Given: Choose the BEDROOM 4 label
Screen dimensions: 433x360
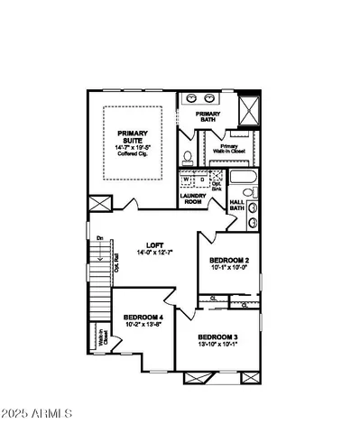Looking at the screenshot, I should click(x=143, y=318).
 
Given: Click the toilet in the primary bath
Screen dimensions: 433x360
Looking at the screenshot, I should click(x=187, y=156).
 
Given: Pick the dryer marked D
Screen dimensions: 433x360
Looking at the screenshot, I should click(x=199, y=179).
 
